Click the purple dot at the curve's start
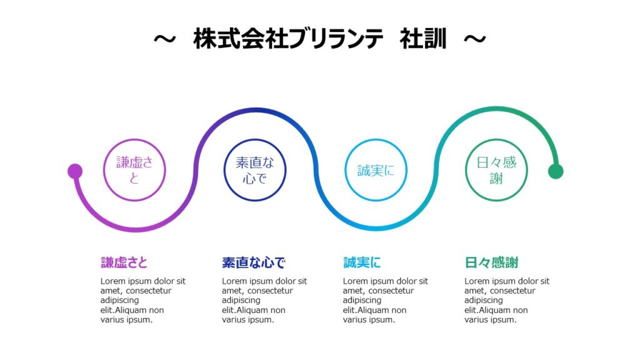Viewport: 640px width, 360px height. tap(75, 171)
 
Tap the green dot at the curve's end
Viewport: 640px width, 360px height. tap(556, 171)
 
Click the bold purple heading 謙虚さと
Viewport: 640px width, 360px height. tap(124, 262)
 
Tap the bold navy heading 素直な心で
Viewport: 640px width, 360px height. tap(254, 262)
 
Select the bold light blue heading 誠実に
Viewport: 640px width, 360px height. tap(362, 262)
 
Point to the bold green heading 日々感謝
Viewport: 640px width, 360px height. tap(491, 262)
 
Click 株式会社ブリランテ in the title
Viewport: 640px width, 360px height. tap(288, 39)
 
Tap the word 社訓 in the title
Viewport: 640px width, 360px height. tap(423, 39)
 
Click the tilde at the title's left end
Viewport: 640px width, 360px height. tap(165, 39)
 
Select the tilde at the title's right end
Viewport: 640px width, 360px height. tap(475, 39)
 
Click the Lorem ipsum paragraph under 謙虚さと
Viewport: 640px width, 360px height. tap(143, 301)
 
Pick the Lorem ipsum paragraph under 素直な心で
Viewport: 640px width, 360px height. tap(264, 301)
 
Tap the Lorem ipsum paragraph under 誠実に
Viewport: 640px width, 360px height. tap(385, 301)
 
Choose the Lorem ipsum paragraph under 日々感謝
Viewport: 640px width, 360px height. tap(507, 301)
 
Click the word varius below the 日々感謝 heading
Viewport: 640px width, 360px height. tap(476, 319)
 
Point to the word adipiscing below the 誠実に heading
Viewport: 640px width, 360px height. tap(362, 301)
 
